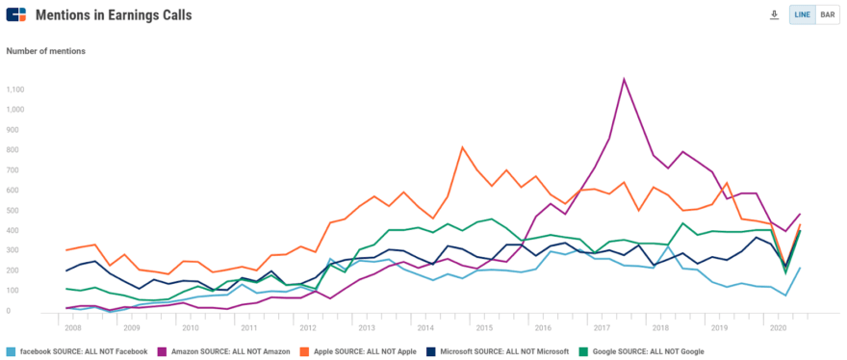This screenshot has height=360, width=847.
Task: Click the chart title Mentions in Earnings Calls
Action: (x=113, y=15)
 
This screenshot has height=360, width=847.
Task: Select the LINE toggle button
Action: (x=802, y=15)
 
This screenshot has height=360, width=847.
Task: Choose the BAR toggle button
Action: (x=827, y=15)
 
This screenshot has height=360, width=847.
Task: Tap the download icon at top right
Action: (x=774, y=15)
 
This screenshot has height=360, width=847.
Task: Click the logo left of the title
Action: (x=16, y=15)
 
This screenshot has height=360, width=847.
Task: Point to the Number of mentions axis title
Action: (x=46, y=51)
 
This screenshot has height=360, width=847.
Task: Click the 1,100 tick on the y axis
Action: (x=14, y=90)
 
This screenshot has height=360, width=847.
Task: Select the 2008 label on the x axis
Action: (x=73, y=327)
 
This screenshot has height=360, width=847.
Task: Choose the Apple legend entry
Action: (x=358, y=351)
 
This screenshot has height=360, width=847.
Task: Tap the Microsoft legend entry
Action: (x=500, y=351)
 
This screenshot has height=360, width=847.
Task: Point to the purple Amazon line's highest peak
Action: (x=625, y=79)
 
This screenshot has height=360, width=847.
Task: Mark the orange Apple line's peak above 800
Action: (x=463, y=147)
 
